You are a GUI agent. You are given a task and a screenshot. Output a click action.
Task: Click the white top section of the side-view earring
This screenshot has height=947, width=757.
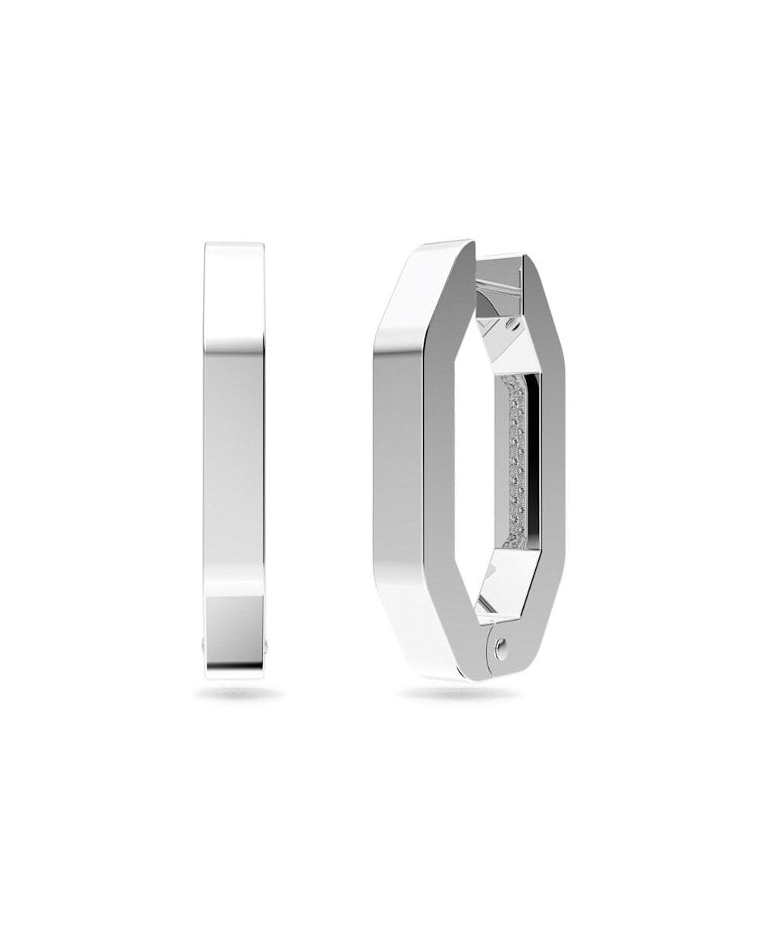(x=235, y=295)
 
